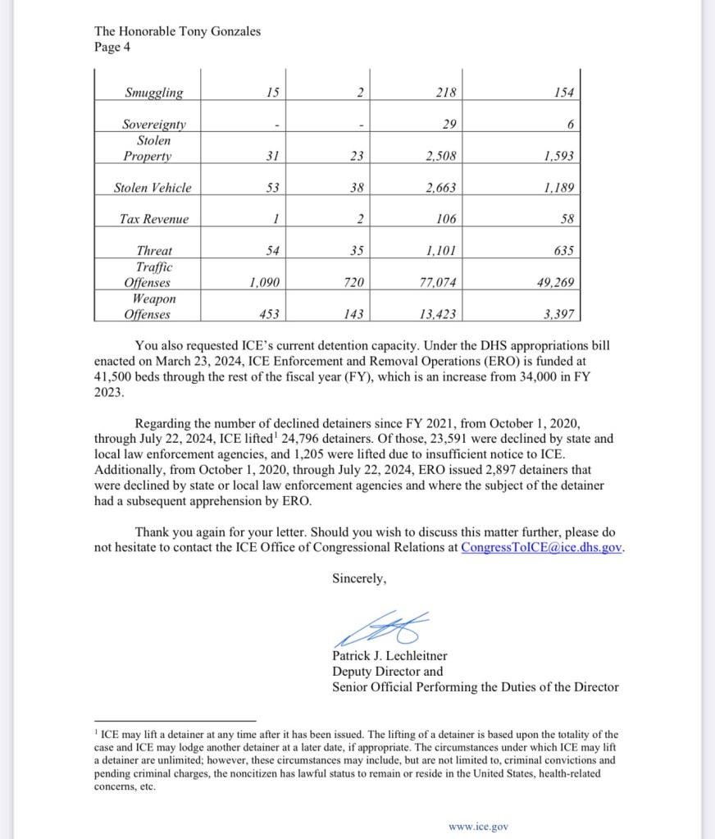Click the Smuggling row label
tap(153, 93)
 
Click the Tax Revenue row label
tap(153, 219)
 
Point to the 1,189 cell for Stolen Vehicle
tap(558, 188)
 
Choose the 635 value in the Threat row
tap(562, 251)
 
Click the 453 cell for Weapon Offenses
tap(268, 313)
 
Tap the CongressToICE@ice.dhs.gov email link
tap(542, 547)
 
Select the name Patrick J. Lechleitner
tap(389, 656)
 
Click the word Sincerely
tap(358, 578)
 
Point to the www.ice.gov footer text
tap(478, 827)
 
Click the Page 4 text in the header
tap(112, 47)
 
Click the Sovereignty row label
tap(153, 125)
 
